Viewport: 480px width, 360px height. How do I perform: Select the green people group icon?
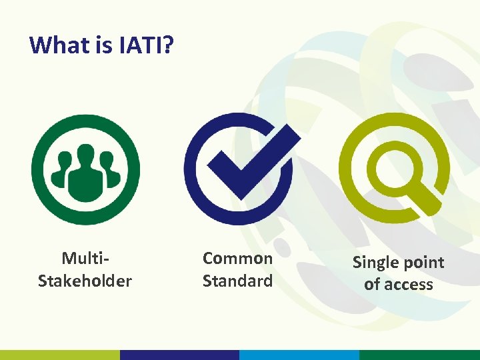tap(85, 169)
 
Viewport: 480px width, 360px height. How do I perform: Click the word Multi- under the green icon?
tap(85, 258)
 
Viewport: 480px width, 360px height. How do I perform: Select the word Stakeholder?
tap(85, 281)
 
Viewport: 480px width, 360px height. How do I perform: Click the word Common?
tap(237, 258)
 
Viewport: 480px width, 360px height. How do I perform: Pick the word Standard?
tap(237, 281)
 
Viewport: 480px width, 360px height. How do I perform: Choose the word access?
tap(407, 285)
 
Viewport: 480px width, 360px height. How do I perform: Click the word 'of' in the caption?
tap(371, 285)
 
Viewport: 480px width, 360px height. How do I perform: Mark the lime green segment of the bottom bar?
tap(60, 355)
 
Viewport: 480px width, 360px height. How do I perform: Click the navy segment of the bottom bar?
tap(179, 355)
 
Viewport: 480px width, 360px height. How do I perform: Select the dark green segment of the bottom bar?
tap(419, 355)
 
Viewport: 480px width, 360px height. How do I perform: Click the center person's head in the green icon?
tap(85, 155)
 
